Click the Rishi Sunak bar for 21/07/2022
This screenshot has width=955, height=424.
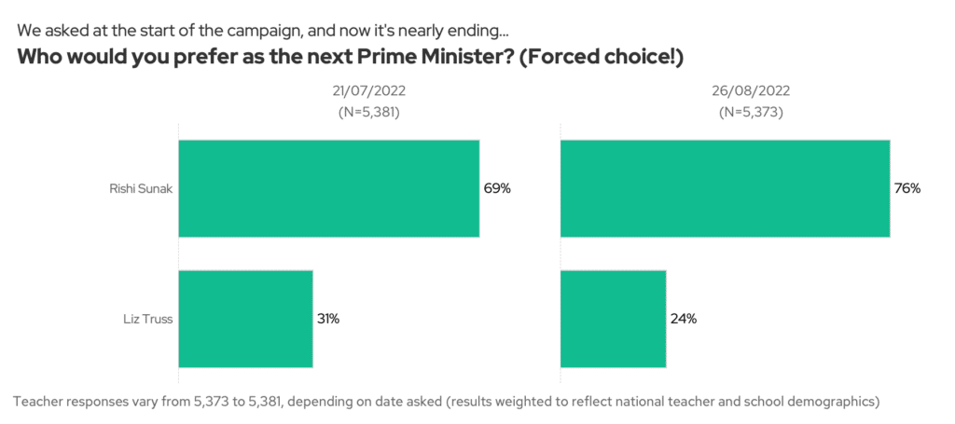328,188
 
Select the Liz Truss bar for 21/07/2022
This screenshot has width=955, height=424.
245,319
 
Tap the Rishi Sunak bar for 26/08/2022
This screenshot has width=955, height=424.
725,188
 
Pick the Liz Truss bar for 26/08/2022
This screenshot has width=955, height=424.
613,319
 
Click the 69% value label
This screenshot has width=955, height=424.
497,188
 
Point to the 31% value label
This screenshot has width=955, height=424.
327,319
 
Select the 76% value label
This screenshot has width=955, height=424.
907,188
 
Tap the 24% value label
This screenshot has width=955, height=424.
683,319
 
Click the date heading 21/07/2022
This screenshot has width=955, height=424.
368,91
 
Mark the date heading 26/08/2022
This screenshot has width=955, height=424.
751,91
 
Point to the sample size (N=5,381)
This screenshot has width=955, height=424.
368,112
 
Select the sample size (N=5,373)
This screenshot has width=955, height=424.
751,112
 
